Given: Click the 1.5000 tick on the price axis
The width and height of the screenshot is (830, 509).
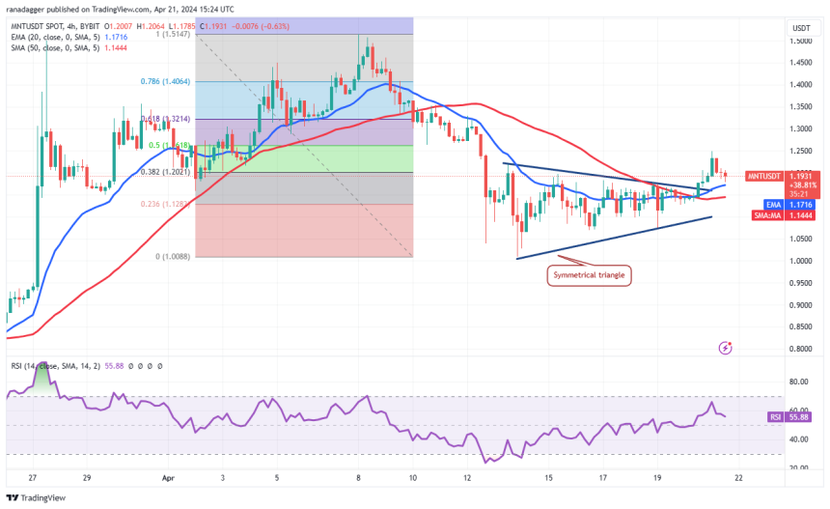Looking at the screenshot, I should point(801,42).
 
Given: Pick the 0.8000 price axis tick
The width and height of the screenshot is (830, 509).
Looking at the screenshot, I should point(801,349).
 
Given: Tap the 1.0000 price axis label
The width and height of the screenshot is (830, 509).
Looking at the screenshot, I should point(801,261).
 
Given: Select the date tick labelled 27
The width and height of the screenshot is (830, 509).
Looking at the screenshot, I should point(32,477).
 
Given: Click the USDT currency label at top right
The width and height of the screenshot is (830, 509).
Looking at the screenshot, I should point(801,28).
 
